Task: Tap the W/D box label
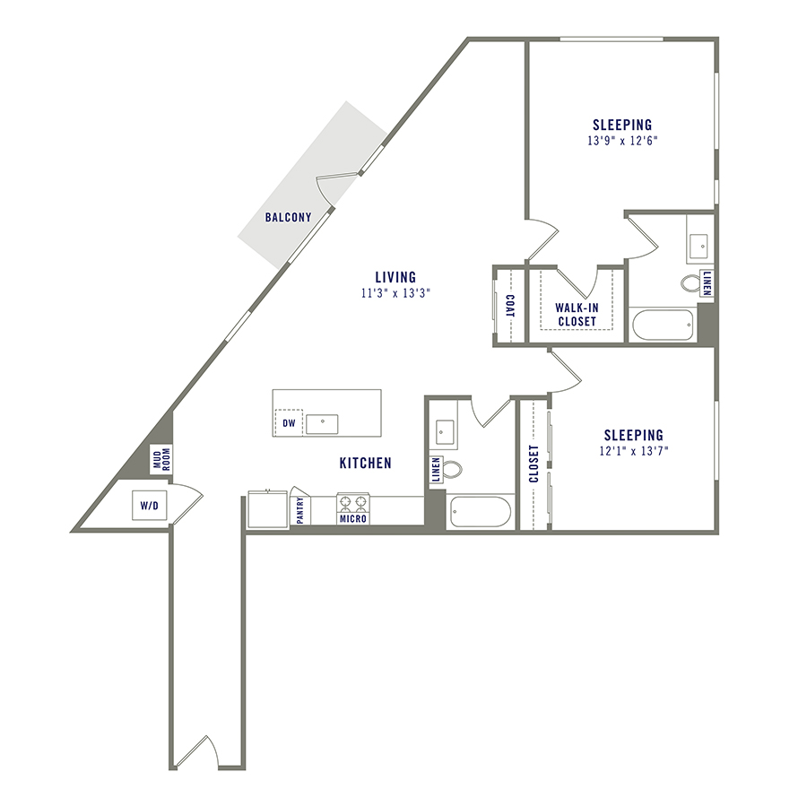point(149,507)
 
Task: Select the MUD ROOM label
point(161,460)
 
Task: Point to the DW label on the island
point(289,423)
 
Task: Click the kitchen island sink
point(320,423)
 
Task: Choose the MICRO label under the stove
point(352,518)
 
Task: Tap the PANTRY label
point(300,510)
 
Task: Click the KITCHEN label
point(365,464)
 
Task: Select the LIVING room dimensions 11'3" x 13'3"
point(395,293)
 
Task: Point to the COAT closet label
point(509,306)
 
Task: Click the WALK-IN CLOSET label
point(577,315)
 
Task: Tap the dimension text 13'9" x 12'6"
point(622,141)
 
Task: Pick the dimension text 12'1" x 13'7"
point(633,451)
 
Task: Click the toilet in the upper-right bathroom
point(692,284)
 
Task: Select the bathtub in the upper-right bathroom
point(662,325)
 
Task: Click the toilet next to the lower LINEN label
point(453,469)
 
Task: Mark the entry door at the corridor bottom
point(196,753)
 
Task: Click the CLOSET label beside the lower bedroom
point(534,464)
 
